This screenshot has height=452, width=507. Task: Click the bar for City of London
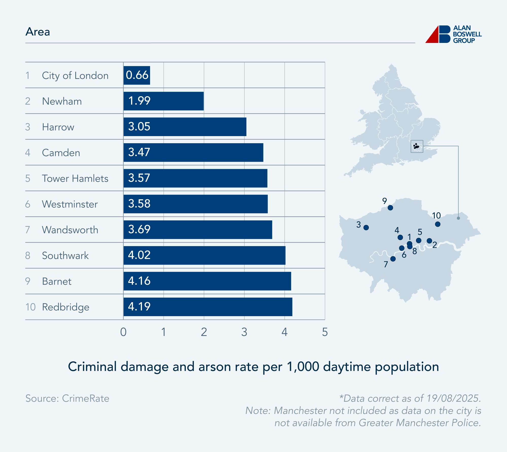point(137,75)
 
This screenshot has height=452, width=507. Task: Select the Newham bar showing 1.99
point(164,101)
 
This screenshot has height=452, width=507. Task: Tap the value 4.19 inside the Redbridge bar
point(139,306)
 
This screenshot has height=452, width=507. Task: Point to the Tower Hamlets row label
point(75,178)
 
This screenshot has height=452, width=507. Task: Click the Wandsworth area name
point(70,230)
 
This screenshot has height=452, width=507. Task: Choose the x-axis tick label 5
point(325,332)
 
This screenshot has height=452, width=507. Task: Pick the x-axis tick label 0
point(123,332)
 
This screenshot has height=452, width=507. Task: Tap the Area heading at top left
point(38,32)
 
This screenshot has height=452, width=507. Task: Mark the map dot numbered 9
point(390,208)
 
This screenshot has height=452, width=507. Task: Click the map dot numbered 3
point(366,228)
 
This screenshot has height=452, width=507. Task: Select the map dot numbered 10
point(438,224)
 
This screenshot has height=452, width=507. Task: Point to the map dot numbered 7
point(393,259)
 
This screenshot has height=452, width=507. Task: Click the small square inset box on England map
point(417,147)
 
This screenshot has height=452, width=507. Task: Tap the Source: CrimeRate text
point(67,398)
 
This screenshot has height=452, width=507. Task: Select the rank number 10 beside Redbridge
point(30,307)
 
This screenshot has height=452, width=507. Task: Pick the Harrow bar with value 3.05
point(185,127)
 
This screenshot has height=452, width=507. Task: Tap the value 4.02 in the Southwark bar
point(139,255)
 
